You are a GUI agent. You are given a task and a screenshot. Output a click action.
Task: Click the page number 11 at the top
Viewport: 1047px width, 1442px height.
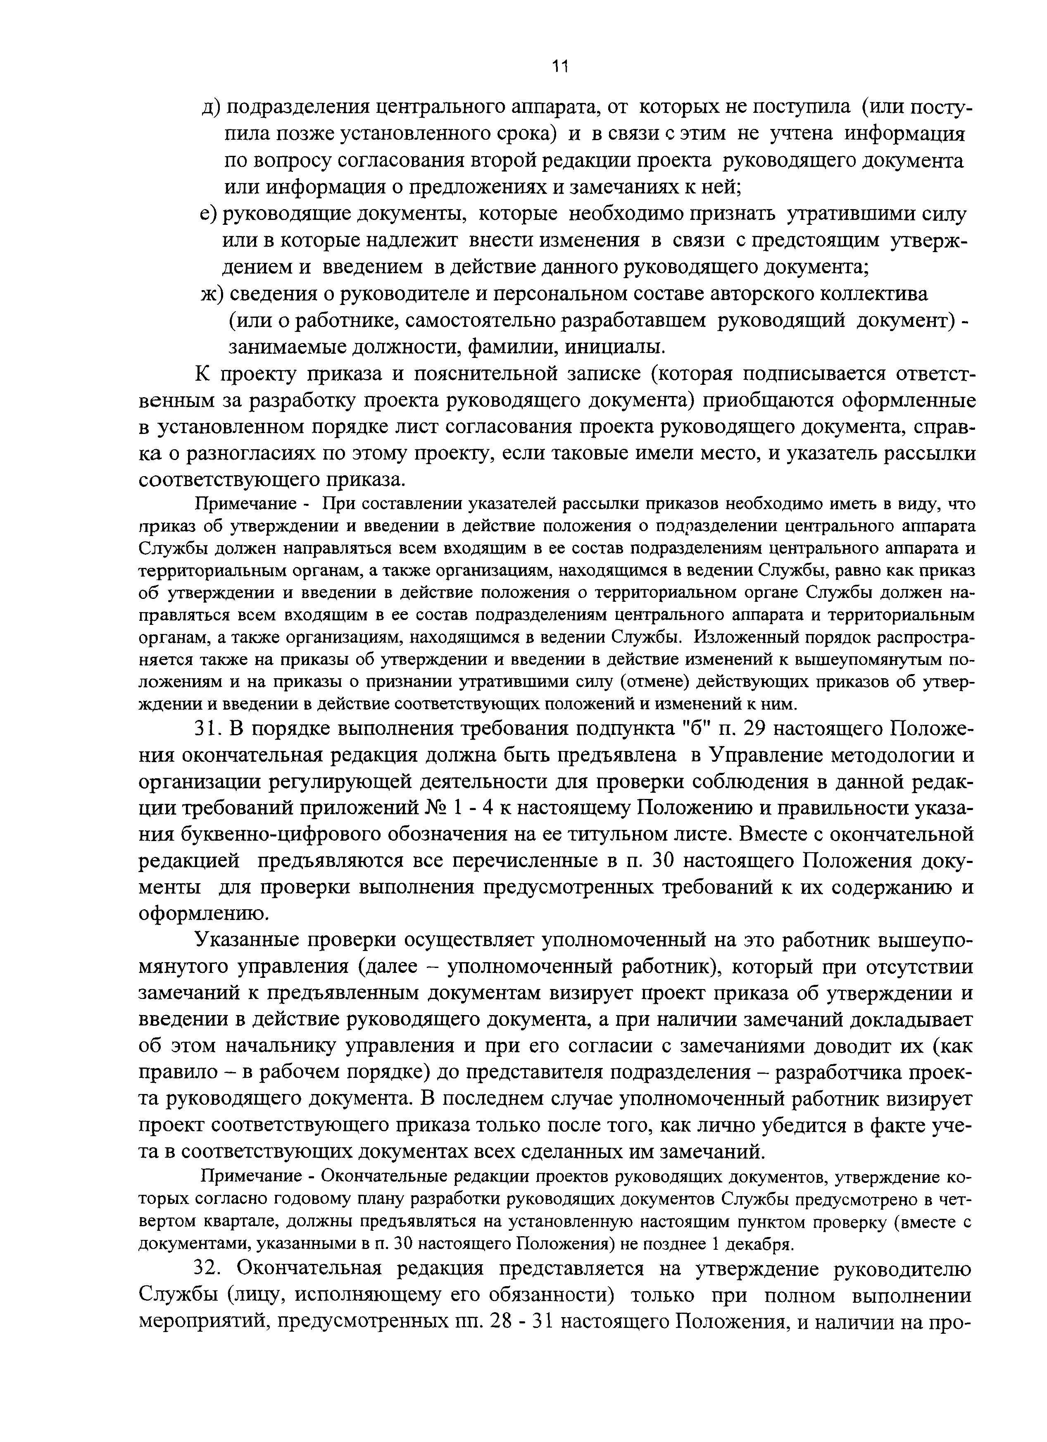pos(559,66)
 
